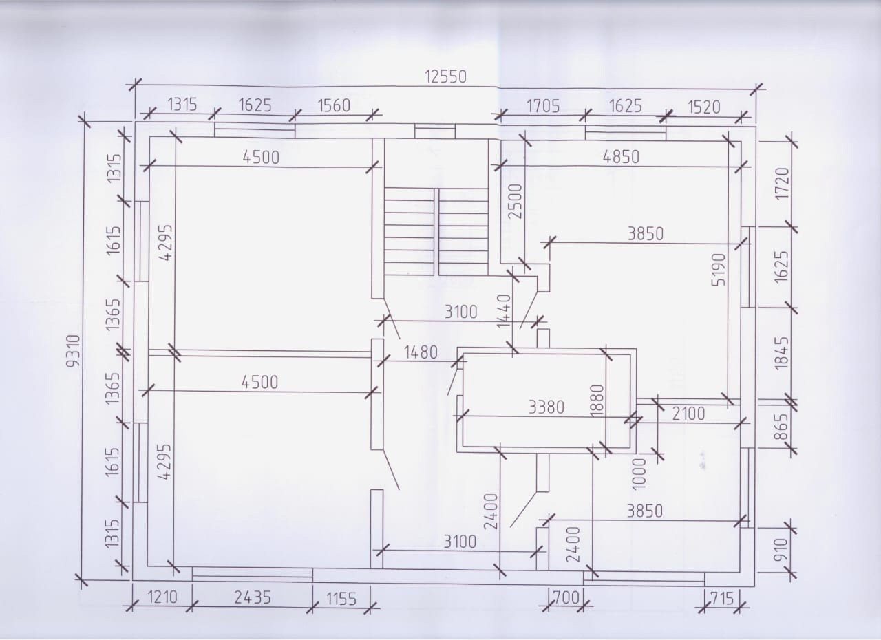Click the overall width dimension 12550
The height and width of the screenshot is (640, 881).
click(x=445, y=76)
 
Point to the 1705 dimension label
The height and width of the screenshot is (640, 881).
click(x=543, y=106)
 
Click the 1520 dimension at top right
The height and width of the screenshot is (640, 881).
click(x=703, y=107)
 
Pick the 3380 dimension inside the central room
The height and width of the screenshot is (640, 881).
click(x=546, y=407)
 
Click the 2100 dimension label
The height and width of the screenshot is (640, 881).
click(x=688, y=414)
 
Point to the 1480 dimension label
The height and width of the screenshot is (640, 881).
click(x=420, y=352)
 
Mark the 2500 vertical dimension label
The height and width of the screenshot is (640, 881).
click(x=515, y=201)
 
